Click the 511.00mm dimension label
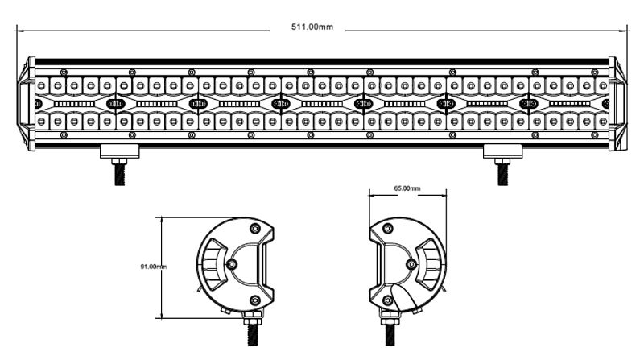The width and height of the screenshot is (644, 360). pos(312,27)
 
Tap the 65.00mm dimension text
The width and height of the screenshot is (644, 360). pos(407,188)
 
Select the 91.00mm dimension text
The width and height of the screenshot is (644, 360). pos(154,267)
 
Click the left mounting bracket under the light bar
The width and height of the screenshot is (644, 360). pos(120,151)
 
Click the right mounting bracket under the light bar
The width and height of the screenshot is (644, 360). pos(502,151)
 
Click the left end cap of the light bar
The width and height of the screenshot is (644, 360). pos(27,104)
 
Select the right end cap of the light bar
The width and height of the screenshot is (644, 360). pos(617,104)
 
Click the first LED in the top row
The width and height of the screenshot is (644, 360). pos(41,86)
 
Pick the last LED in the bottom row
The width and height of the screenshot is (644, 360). pos(602,122)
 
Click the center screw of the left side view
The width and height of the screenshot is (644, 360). pos(232,264)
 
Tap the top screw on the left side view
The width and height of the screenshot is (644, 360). pos(255,229)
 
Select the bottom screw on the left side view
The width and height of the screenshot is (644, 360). pos(255,300)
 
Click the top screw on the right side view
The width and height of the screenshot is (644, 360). pos(388,229)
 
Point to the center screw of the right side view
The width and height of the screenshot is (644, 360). pos(411,264)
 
